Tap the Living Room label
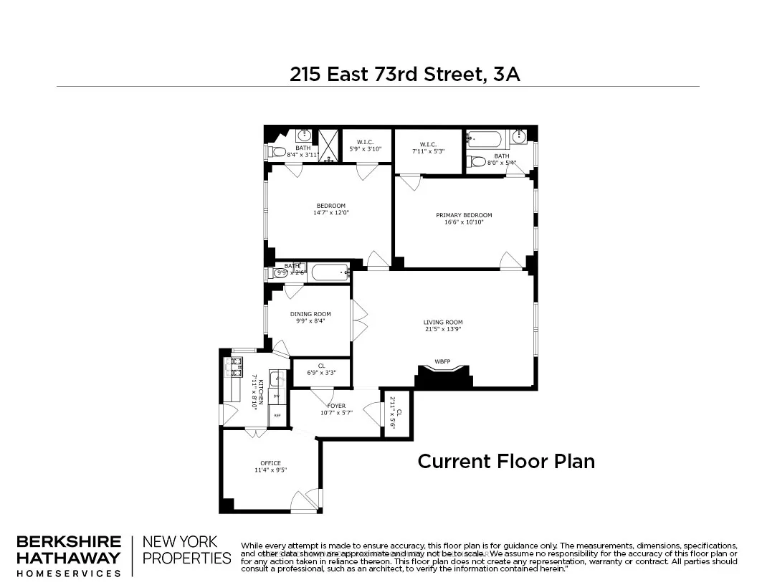tap(443, 323)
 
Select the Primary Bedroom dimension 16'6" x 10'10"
tap(464, 222)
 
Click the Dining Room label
tap(310, 314)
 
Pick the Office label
tap(270, 462)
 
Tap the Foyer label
tap(336, 406)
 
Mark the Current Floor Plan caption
tap(506, 461)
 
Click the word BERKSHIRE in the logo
tap(68, 542)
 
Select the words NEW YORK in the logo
tap(181, 542)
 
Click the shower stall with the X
tap(328, 146)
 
